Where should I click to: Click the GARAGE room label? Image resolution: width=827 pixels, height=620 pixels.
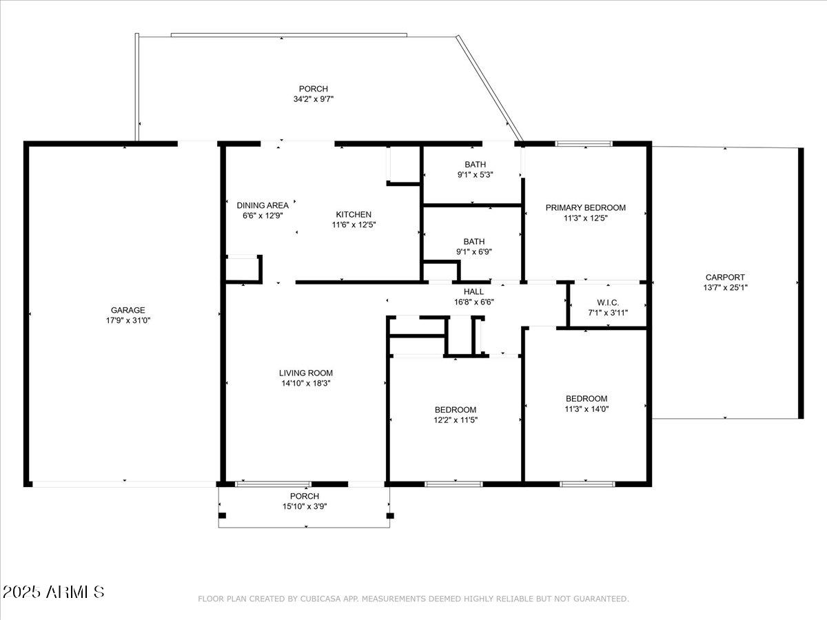pyautogui.click(x=127, y=310)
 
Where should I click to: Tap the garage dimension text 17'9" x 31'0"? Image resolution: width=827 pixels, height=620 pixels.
pyautogui.click(x=127, y=320)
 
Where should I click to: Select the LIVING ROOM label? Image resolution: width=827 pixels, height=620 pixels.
pyautogui.click(x=305, y=373)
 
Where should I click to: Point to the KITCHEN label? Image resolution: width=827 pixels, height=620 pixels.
pyautogui.click(x=354, y=214)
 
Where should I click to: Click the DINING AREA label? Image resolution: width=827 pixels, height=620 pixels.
pyautogui.click(x=263, y=205)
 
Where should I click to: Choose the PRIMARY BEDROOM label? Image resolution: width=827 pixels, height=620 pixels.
pyautogui.click(x=585, y=207)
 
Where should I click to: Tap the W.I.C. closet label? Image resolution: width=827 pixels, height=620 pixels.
pyautogui.click(x=607, y=302)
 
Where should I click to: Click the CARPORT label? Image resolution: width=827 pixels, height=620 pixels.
pyautogui.click(x=724, y=278)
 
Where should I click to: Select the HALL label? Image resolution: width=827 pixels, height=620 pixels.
pyautogui.click(x=473, y=291)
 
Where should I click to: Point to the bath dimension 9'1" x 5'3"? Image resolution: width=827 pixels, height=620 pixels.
pyautogui.click(x=475, y=174)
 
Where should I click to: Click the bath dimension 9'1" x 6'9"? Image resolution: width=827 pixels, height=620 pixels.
pyautogui.click(x=473, y=251)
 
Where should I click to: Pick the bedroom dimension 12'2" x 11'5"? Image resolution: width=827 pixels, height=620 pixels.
pyautogui.click(x=455, y=420)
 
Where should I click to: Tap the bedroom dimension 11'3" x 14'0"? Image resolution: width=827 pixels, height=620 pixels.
pyautogui.click(x=586, y=409)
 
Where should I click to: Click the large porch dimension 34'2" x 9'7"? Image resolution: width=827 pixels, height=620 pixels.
pyautogui.click(x=313, y=99)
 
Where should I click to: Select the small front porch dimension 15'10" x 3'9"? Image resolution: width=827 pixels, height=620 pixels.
pyautogui.click(x=304, y=506)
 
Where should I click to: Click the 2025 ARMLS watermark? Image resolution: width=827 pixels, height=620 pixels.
pyautogui.click(x=54, y=592)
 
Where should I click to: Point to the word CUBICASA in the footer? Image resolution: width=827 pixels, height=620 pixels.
pyautogui.click(x=318, y=599)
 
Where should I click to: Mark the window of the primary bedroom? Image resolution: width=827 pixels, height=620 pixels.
pyautogui.click(x=584, y=144)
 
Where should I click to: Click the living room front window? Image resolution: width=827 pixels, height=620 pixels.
pyautogui.click(x=273, y=484)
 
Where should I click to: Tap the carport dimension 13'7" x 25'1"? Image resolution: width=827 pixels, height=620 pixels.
pyautogui.click(x=724, y=288)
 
